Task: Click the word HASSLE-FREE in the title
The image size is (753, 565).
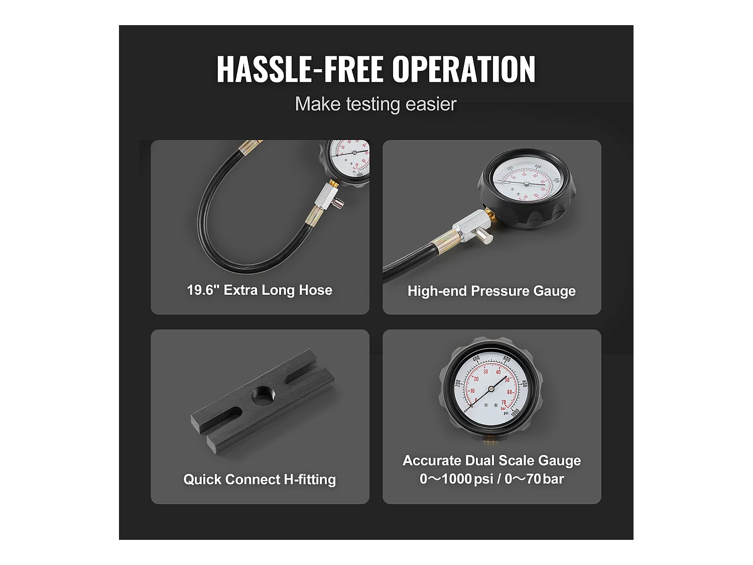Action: (x=300, y=69)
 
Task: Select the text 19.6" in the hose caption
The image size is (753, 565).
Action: (x=203, y=290)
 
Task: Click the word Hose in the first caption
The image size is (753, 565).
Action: (x=315, y=290)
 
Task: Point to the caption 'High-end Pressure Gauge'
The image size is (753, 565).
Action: (x=491, y=291)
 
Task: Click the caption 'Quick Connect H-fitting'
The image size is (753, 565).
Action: (x=260, y=480)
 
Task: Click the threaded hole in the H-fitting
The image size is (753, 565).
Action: (x=262, y=396)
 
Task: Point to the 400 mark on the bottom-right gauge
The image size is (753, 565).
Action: (x=476, y=359)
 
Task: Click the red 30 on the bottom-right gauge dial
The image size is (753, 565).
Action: (x=485, y=372)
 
